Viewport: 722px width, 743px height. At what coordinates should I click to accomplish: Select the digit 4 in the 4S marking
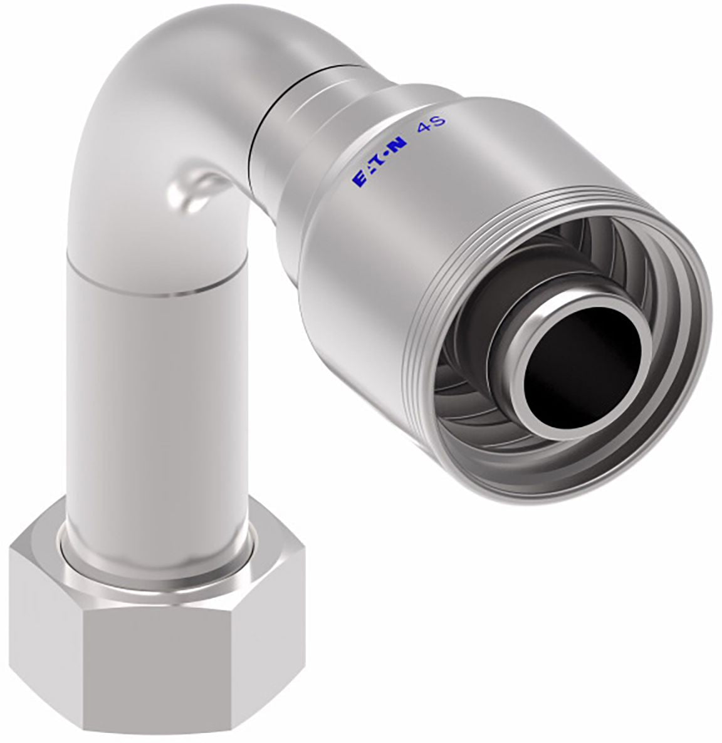click(x=423, y=130)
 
